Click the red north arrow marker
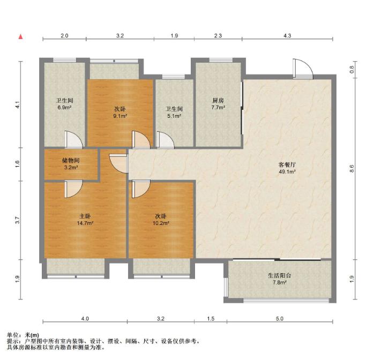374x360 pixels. tap(21, 37)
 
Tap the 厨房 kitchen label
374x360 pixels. tap(218, 101)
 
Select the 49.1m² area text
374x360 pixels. tap(287, 171)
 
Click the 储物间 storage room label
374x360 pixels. tap(71, 161)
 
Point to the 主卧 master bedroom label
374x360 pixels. tap(85, 216)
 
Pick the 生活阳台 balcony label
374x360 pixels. tap(280, 275)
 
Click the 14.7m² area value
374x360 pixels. tap(85, 223)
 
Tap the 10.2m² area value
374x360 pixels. tap(161, 223)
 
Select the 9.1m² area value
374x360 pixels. tap(120, 116)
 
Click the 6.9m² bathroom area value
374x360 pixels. tap(64, 108)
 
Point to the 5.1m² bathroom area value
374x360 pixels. tap(174, 116)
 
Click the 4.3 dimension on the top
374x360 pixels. tap(287, 36)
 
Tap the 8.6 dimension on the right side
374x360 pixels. tap(352, 169)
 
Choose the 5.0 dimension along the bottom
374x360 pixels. tap(280, 319)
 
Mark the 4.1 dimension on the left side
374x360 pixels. tap(17, 105)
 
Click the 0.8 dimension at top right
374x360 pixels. tap(352, 70)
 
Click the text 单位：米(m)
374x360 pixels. tap(23, 335)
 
